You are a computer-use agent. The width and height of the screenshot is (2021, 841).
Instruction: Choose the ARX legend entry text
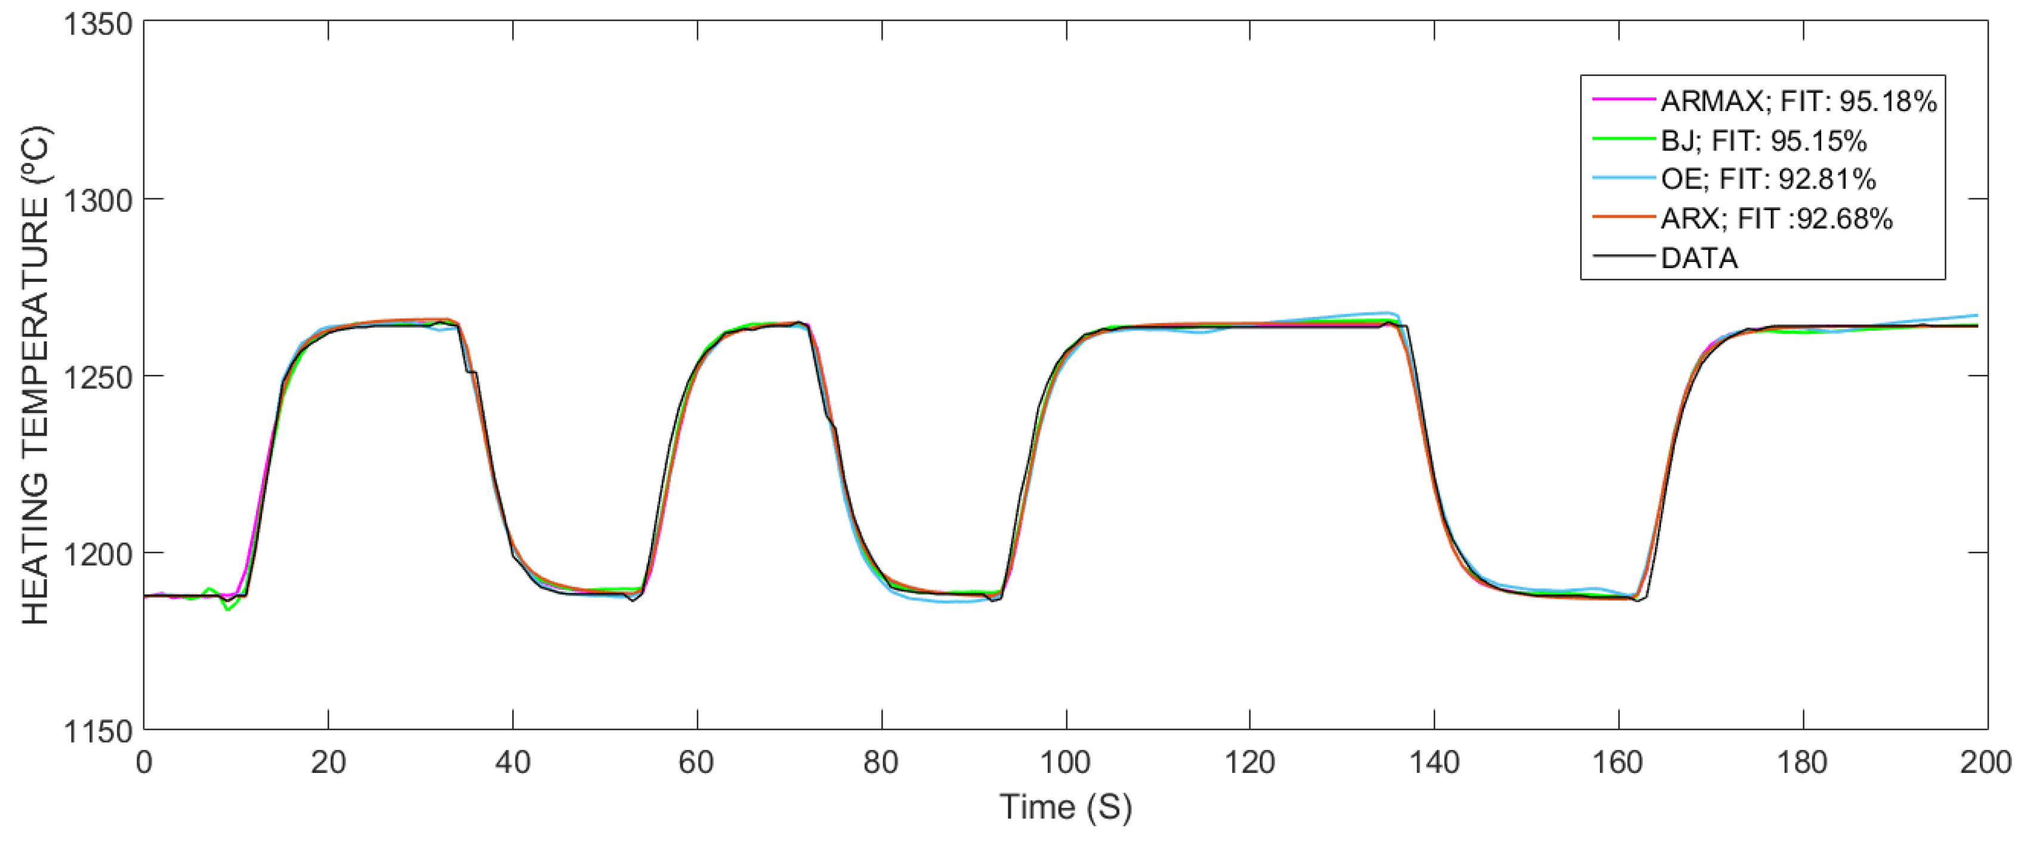point(1776,219)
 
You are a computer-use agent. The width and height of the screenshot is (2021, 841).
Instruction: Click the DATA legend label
point(1699,258)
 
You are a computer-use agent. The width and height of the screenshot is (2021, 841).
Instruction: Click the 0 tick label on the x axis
point(144,763)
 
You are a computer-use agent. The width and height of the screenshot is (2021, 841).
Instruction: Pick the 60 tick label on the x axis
point(697,763)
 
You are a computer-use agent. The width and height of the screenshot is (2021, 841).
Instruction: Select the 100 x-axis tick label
point(1066,763)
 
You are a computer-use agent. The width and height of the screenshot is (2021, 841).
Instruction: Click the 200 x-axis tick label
point(1985,763)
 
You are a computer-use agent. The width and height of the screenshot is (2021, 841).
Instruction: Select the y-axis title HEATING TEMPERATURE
point(36,377)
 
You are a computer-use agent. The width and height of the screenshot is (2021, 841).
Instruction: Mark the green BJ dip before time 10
point(227,609)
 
